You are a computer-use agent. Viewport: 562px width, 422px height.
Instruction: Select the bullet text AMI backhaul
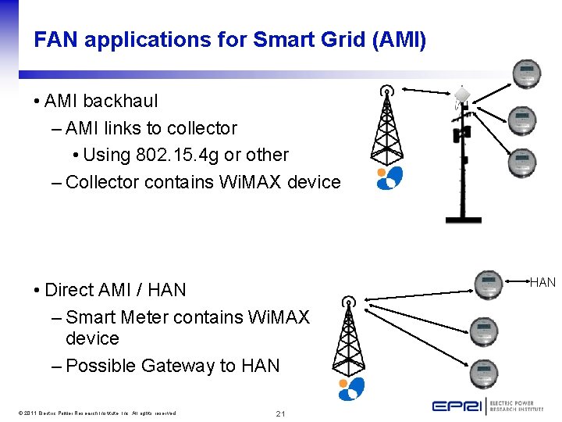click(101, 101)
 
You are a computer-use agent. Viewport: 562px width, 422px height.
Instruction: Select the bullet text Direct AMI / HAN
click(116, 290)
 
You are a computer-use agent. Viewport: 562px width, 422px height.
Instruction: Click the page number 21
click(279, 413)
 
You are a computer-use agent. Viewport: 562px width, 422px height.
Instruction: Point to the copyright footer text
click(94, 413)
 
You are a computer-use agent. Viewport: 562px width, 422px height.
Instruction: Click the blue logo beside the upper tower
click(389, 178)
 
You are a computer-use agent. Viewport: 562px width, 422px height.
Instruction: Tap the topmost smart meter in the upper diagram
click(525, 75)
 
